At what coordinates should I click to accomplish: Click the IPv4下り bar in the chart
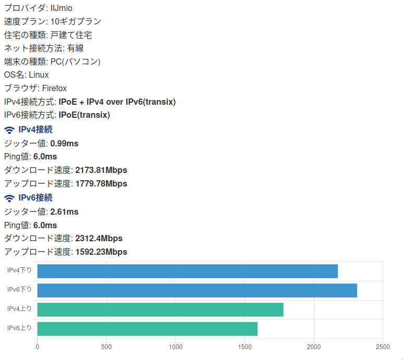click(x=188, y=271)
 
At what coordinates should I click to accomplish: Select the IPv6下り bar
click(x=197, y=290)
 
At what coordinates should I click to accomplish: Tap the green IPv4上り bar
click(x=160, y=309)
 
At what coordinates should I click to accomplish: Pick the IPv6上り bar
click(x=148, y=329)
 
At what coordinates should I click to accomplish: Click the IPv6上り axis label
click(x=19, y=328)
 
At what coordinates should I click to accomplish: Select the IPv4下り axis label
click(x=19, y=270)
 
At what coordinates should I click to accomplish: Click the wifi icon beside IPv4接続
click(x=9, y=130)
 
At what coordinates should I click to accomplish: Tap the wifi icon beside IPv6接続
click(x=9, y=198)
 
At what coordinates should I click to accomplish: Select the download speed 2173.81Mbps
click(x=101, y=170)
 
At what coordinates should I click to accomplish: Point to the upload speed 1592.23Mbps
click(x=101, y=252)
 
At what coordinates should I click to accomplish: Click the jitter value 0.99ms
click(x=64, y=143)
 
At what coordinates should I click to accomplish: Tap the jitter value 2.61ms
click(x=64, y=212)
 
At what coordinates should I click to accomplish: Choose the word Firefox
click(x=54, y=89)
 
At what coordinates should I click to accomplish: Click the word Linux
click(x=39, y=75)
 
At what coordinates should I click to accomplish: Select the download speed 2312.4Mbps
click(x=99, y=238)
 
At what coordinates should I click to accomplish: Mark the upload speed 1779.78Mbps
click(x=101, y=183)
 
